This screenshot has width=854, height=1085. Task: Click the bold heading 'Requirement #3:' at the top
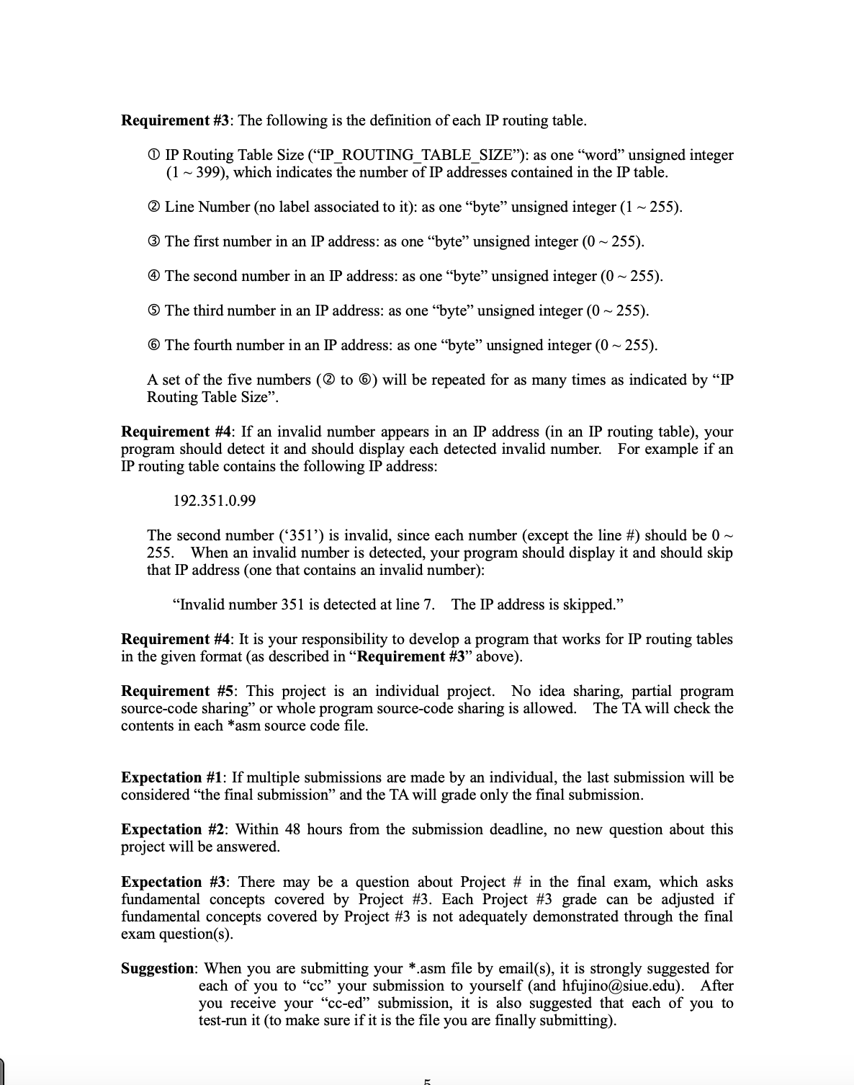pyautogui.click(x=177, y=120)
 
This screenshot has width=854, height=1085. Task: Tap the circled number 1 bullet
pyautogui.click(x=154, y=156)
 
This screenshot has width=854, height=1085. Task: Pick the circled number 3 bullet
pyautogui.click(x=154, y=242)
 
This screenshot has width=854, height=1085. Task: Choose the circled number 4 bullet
pyautogui.click(x=154, y=277)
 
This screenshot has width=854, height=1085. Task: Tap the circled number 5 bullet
pyautogui.click(x=154, y=311)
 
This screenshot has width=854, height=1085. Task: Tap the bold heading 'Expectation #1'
pyautogui.click(x=173, y=777)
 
